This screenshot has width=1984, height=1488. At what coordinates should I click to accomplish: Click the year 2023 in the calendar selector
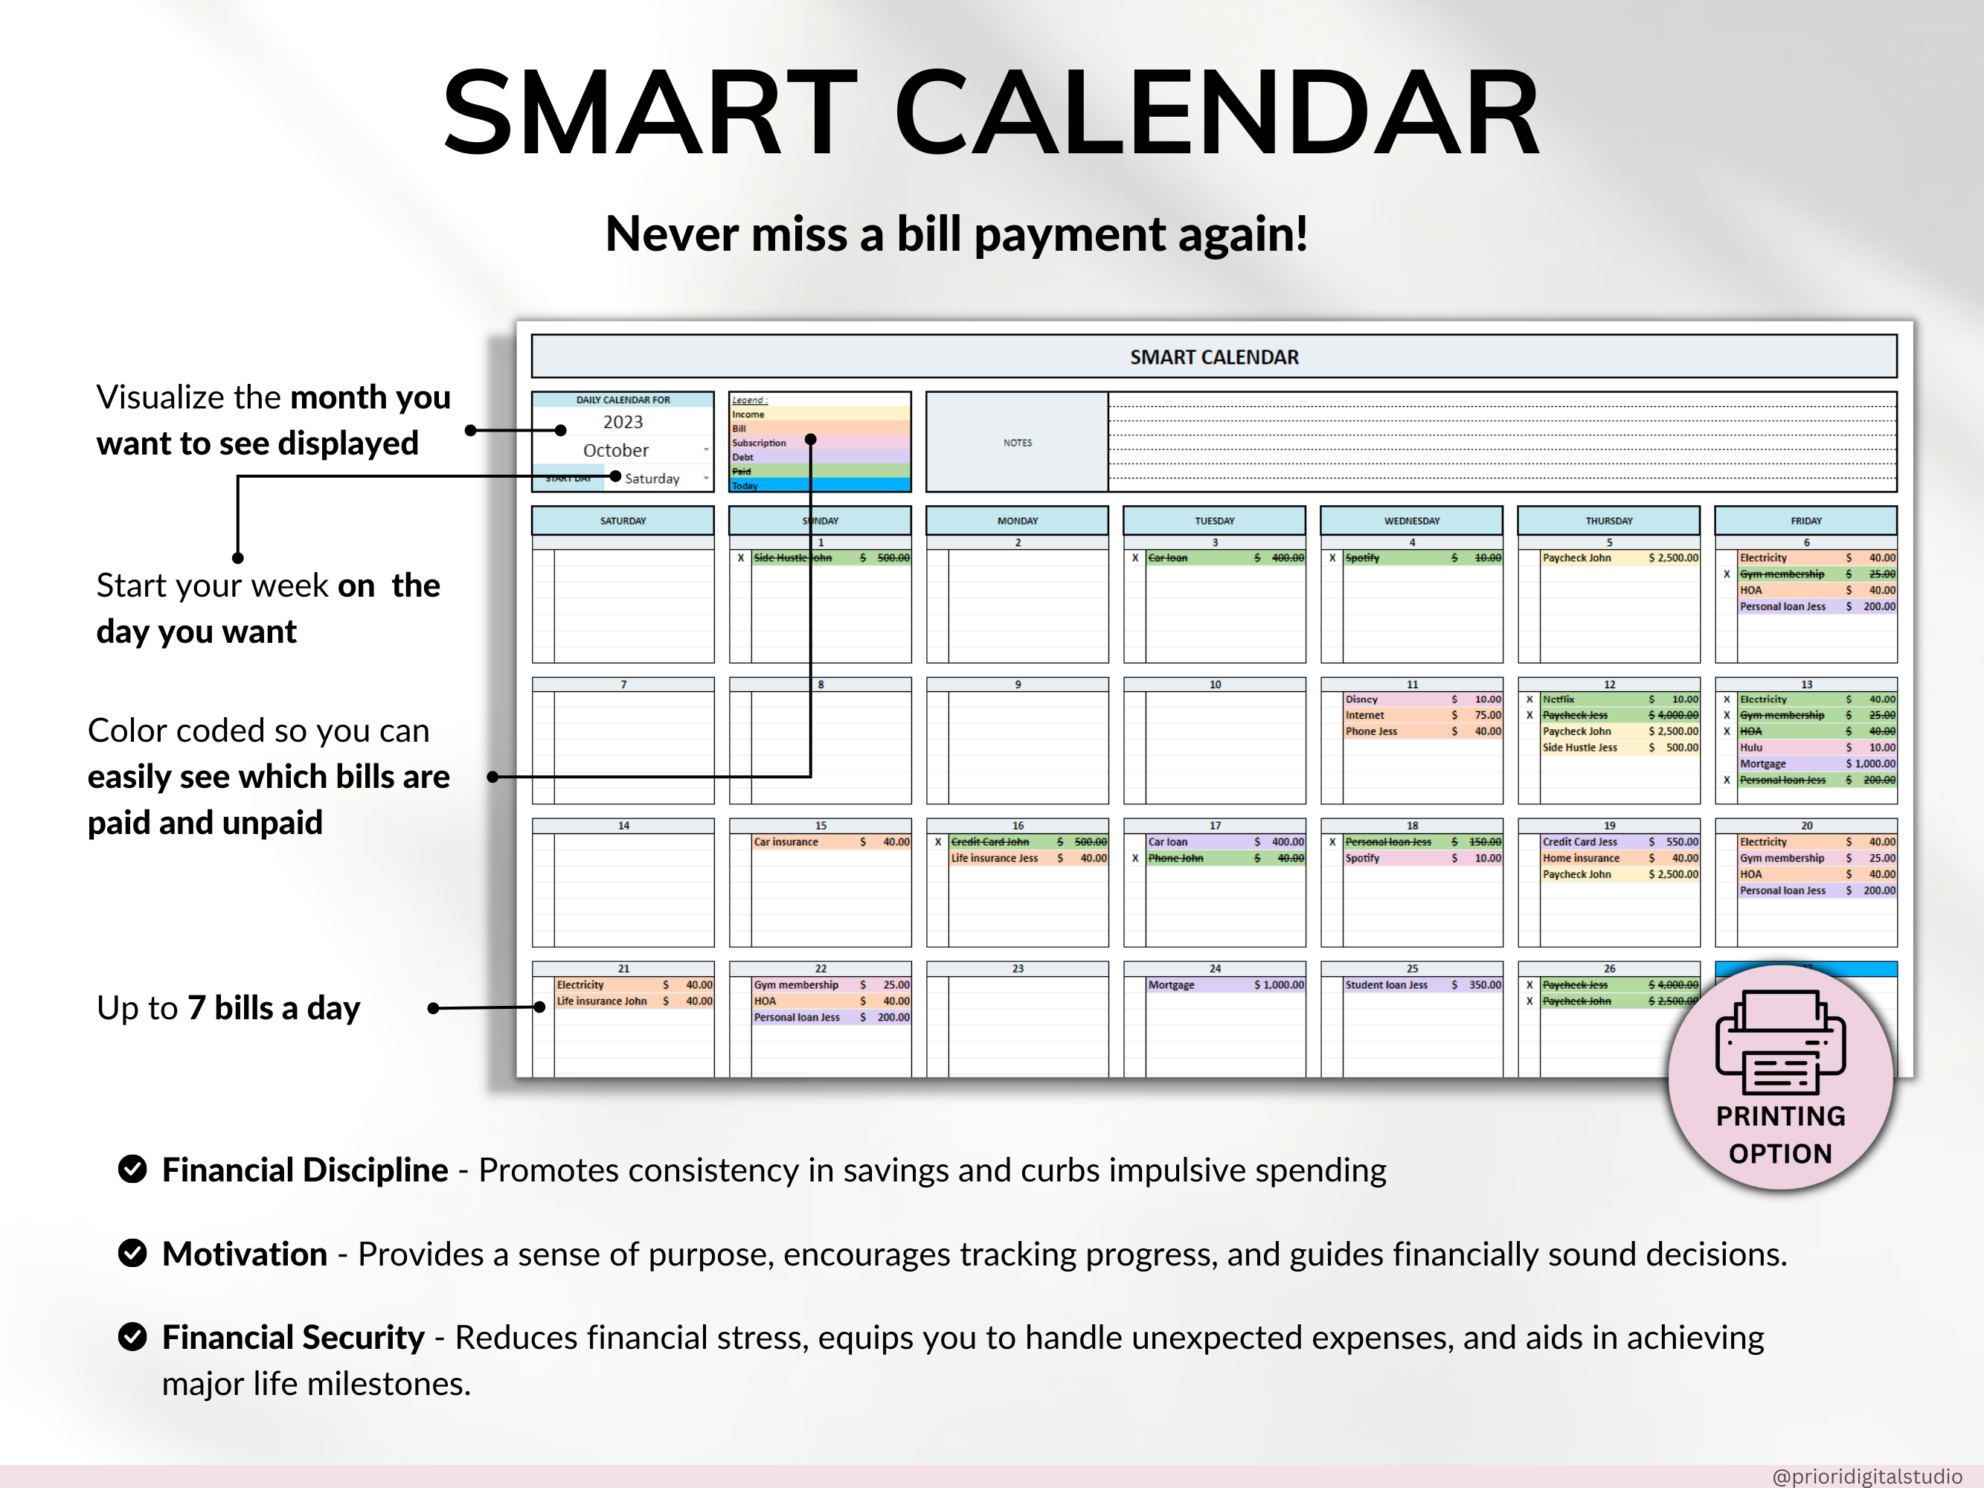[x=623, y=422]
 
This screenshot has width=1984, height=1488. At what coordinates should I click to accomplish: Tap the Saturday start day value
[x=652, y=479]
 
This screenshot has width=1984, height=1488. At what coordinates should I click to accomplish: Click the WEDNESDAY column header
[x=1411, y=521]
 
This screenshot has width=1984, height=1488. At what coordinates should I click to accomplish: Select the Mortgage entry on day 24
[x=1172, y=985]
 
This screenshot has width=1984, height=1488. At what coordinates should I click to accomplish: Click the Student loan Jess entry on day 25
[x=1386, y=985]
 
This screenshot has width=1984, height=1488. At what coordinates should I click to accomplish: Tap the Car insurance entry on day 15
[x=786, y=842]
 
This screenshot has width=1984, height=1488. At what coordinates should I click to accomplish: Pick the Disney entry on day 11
[x=1361, y=699]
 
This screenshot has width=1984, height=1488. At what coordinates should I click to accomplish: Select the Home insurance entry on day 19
[x=1580, y=859]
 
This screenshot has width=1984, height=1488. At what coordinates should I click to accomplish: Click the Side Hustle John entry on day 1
[x=793, y=558]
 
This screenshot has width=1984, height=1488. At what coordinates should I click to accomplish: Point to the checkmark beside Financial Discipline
[x=132, y=1170]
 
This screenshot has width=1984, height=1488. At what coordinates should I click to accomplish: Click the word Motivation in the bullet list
[x=245, y=1254]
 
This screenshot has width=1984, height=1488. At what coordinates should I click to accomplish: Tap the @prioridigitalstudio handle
[x=1866, y=1475]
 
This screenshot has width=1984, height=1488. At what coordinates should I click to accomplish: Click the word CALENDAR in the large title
[x=1217, y=114]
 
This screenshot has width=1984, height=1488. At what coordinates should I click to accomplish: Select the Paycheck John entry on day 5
[x=1577, y=558]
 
